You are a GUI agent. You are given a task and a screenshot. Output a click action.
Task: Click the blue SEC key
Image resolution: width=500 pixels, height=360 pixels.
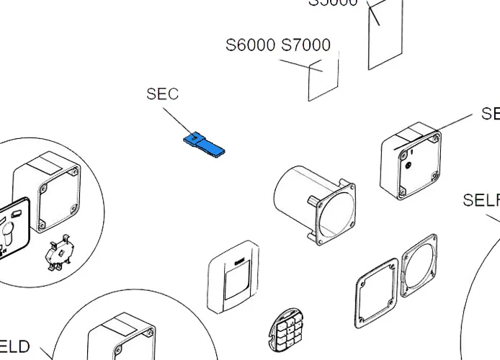pos(204,143)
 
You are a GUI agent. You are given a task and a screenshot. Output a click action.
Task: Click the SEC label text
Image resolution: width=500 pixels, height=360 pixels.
pos(162,94)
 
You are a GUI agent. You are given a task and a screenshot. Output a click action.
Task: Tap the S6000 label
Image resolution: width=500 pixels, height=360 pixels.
pos(250,45)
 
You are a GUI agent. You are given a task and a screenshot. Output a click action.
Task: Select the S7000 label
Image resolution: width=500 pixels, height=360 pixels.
pos(305,45)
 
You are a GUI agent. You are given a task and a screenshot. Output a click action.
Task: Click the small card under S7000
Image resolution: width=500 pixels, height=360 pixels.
pos(323,80)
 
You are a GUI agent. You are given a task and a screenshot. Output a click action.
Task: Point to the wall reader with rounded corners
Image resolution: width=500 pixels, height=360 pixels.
pos(233,278)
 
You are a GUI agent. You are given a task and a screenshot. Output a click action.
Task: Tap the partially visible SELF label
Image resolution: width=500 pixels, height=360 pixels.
pos(481,200)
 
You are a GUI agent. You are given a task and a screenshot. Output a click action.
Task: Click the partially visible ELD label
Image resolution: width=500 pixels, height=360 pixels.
pos(14,347)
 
